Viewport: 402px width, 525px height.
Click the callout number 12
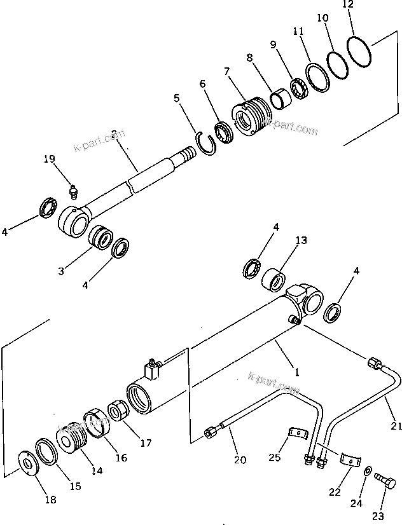click(346, 5)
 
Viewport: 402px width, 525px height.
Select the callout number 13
click(301, 240)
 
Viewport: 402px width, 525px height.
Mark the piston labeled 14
click(71, 435)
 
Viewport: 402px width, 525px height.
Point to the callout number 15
click(75, 486)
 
